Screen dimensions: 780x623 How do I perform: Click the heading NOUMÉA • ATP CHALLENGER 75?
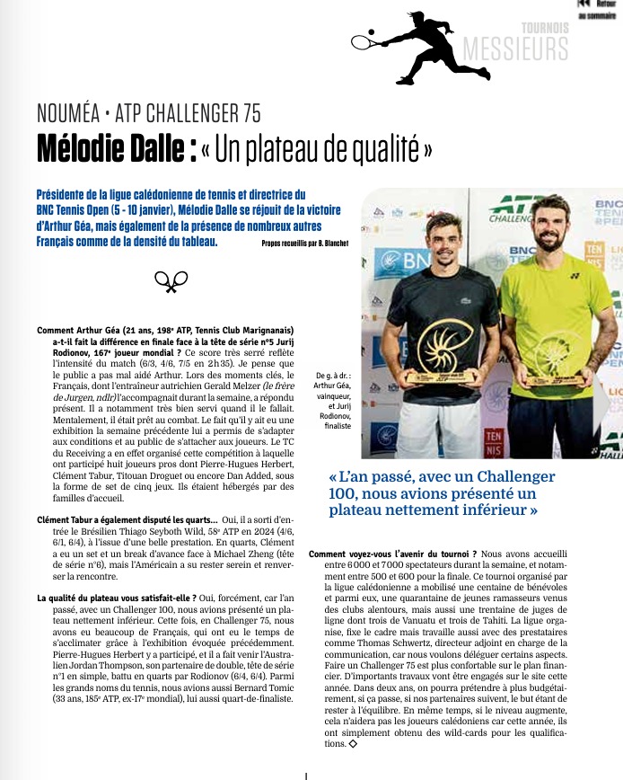point(149,113)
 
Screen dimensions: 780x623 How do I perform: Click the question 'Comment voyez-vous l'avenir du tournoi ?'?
point(393,554)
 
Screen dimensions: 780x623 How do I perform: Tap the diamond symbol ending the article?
point(354,744)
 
